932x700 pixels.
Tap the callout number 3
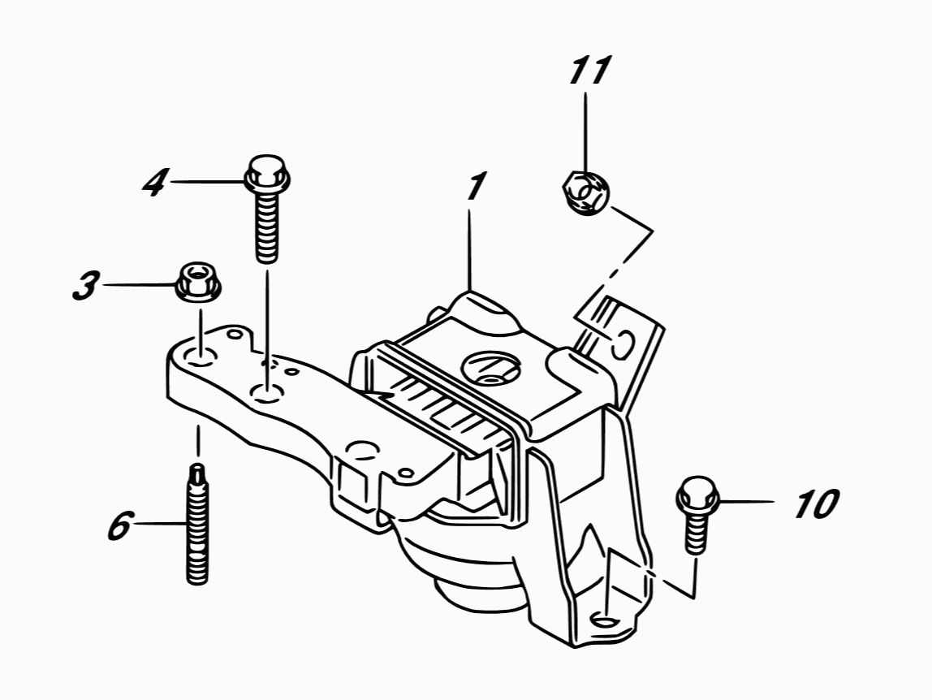(x=85, y=285)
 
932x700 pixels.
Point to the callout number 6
(x=119, y=527)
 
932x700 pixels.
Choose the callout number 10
(x=815, y=504)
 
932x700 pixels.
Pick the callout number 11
(x=589, y=71)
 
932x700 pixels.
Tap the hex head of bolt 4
(x=266, y=172)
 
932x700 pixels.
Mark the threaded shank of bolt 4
(x=266, y=227)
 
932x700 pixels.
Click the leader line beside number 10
(x=747, y=503)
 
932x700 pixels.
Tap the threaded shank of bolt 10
(x=696, y=532)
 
